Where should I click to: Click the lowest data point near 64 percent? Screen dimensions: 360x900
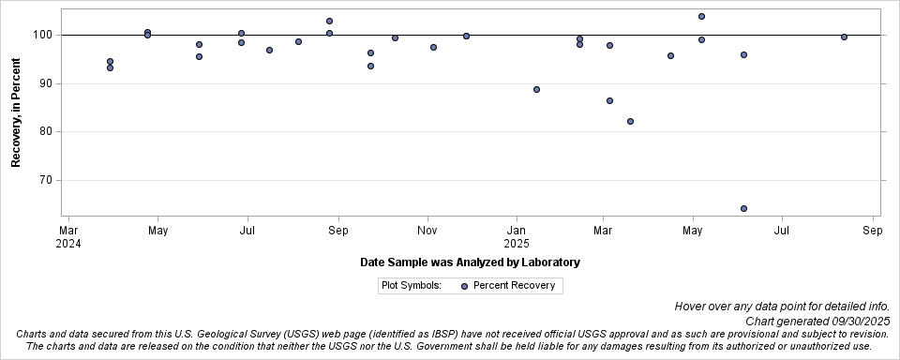pos(743,208)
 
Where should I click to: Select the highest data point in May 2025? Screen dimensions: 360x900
pos(701,16)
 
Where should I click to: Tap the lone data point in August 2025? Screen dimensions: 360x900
pos(844,37)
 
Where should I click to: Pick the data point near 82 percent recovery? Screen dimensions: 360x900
pos(630,121)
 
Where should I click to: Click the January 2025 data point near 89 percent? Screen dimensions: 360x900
pos(536,89)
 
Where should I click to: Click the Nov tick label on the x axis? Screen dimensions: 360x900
pos(427,230)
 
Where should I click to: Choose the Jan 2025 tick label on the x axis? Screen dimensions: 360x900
pos(517,236)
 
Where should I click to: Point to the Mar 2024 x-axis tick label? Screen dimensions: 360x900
pos(68,236)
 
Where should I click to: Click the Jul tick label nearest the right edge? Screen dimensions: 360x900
pos(781,230)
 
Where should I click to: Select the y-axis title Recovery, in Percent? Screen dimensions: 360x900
pos(16,112)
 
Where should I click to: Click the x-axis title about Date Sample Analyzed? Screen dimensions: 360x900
pos(470,262)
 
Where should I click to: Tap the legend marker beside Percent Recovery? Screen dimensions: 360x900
pos(465,286)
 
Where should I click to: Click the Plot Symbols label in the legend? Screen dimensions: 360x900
pos(412,286)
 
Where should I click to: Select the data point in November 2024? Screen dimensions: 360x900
pos(433,47)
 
